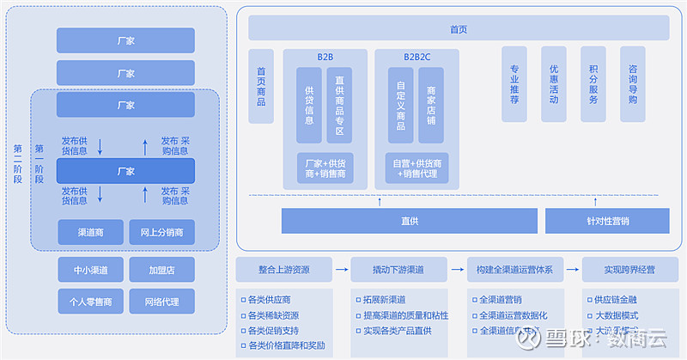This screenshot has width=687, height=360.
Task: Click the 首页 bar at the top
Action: (459, 28)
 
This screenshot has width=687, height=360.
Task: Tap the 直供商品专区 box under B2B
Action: (339, 106)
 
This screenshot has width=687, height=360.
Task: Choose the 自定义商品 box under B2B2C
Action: (400, 106)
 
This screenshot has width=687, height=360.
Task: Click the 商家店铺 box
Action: (431, 106)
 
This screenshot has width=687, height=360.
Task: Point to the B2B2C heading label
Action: (417, 57)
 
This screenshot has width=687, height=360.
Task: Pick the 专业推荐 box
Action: (514, 83)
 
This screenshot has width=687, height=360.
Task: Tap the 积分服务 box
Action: (593, 83)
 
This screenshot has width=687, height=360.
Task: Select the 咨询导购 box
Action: (633, 83)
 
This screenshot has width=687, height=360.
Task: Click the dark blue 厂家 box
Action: (125, 171)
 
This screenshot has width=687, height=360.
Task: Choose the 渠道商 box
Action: (90, 232)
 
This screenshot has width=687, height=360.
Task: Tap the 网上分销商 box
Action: (161, 232)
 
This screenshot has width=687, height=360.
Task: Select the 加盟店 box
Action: (161, 270)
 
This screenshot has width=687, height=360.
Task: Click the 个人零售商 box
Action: (90, 301)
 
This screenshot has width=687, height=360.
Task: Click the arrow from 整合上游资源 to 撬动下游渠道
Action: (341, 270)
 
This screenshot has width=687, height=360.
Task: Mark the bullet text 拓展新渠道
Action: (383, 300)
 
